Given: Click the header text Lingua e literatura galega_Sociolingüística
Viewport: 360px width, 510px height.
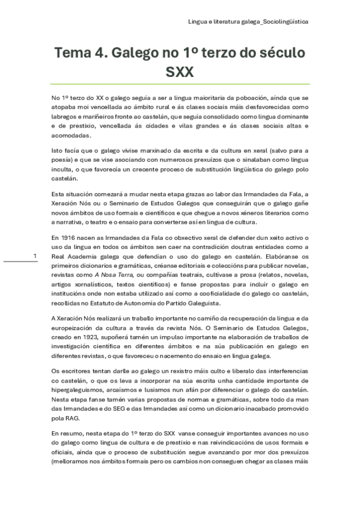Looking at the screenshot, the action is tap(248, 21).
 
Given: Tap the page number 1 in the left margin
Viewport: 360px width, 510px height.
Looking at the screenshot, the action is tap(35, 257).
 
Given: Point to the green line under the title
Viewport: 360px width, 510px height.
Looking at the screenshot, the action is tap(180, 84).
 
